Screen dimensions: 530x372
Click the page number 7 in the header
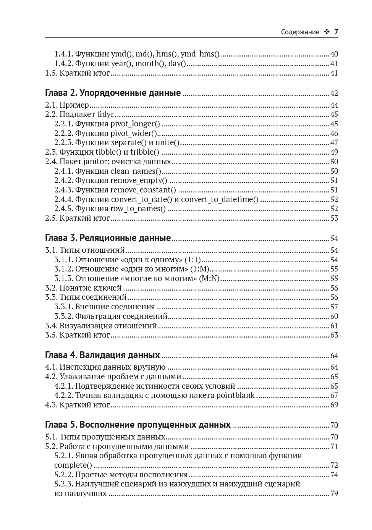click(x=336, y=32)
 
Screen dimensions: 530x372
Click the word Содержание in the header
click(x=300, y=32)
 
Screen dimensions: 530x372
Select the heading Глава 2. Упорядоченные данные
click(x=113, y=93)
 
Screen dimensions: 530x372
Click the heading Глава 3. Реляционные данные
click(x=108, y=238)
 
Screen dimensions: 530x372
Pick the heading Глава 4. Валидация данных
click(x=102, y=355)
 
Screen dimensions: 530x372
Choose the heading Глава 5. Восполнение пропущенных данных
click(x=137, y=425)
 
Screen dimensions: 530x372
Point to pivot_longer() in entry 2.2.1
click(x=135, y=124)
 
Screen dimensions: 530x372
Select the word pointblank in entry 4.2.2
click(x=235, y=395)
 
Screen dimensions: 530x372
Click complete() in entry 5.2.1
click(x=73, y=465)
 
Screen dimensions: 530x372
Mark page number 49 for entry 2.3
click(x=334, y=152)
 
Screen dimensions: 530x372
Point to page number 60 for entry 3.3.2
click(x=334, y=316)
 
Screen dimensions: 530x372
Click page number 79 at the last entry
click(x=334, y=493)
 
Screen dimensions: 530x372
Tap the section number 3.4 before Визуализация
click(x=51, y=326)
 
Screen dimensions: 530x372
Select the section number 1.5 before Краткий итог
click(x=51, y=73)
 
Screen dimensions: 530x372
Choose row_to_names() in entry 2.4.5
click(x=138, y=209)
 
